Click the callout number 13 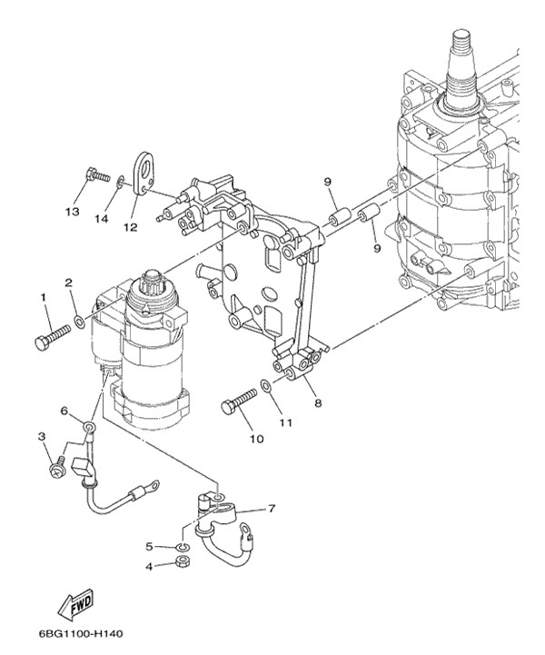(x=73, y=212)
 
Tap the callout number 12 (x=130, y=227)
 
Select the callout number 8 (x=318, y=403)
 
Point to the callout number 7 (x=272, y=509)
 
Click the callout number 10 (x=257, y=439)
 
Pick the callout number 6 (x=64, y=411)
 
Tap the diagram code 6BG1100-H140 (x=81, y=634)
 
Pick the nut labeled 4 (x=182, y=561)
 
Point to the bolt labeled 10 (x=239, y=402)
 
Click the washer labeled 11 (x=266, y=386)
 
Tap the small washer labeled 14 (x=120, y=181)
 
